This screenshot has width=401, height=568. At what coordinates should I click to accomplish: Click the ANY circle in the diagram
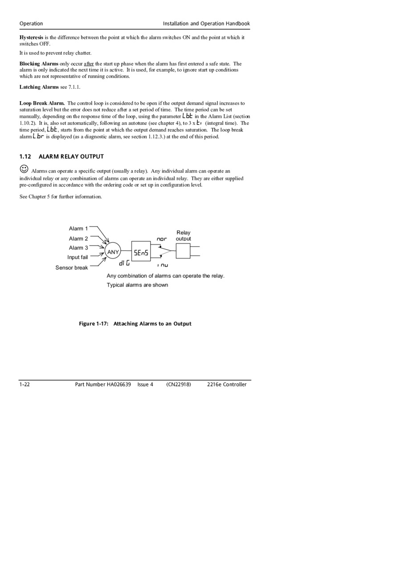[x=113, y=251]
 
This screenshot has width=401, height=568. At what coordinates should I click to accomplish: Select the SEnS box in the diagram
[x=141, y=252]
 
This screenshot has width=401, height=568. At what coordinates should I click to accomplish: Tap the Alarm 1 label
[x=78, y=229]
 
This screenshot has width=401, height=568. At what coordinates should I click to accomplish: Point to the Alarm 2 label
[x=78, y=239]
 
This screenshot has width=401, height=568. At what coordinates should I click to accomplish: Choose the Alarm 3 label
[x=78, y=248]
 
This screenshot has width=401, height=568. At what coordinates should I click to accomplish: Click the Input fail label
[x=78, y=257]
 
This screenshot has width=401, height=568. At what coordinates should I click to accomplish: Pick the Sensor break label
[x=72, y=268]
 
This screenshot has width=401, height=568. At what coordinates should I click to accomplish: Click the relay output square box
[x=183, y=251]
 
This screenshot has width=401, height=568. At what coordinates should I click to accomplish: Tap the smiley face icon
[x=24, y=169]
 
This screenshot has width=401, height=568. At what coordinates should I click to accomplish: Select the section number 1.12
[x=25, y=156]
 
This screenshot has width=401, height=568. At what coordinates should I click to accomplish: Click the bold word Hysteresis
[x=31, y=37]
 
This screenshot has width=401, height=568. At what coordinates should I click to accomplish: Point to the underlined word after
[x=89, y=64]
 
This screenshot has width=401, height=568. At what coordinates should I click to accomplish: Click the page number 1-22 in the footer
[x=25, y=384]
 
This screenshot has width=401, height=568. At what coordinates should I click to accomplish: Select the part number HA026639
[x=119, y=384]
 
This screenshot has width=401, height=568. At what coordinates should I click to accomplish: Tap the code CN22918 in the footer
[x=179, y=384]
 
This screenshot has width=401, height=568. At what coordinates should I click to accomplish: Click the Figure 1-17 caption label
[x=94, y=324]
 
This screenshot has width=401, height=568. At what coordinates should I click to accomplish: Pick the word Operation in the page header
[x=31, y=24]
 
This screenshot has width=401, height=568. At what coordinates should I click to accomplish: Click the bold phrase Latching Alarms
[x=39, y=87]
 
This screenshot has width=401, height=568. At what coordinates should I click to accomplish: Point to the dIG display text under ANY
[x=124, y=263]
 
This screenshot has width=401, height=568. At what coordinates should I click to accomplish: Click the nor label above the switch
[x=162, y=239]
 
